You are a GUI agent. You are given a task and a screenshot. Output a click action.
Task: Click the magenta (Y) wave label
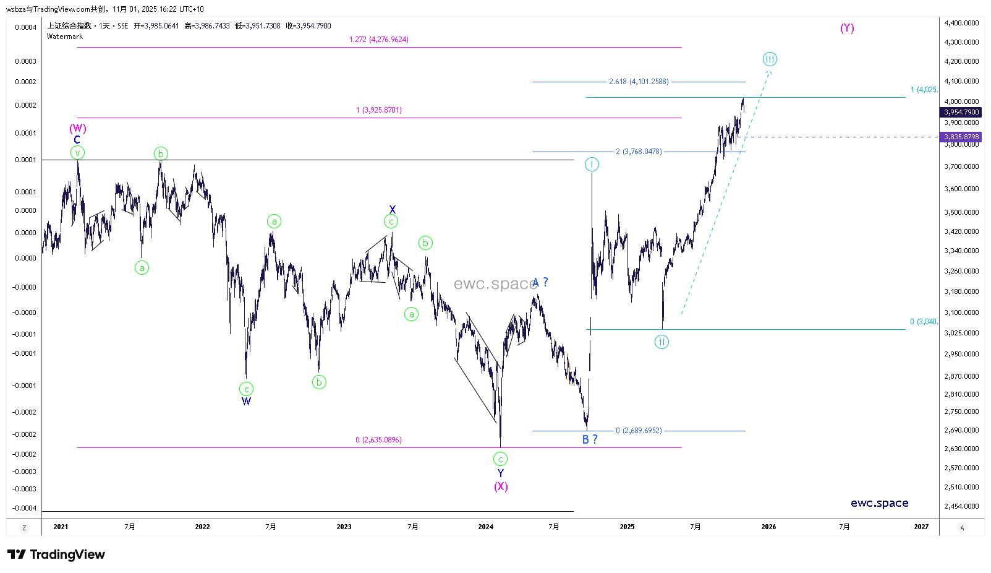click(847, 28)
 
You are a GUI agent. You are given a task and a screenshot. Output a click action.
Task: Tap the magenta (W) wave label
click(78, 128)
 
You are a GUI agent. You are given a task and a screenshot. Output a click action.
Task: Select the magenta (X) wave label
click(501, 486)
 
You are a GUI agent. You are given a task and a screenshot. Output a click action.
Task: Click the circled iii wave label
click(769, 59)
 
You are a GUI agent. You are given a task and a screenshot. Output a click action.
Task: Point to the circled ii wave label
click(661, 342)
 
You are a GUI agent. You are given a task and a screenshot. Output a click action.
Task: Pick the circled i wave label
click(592, 164)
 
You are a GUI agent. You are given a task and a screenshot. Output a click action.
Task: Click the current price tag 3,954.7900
click(961, 112)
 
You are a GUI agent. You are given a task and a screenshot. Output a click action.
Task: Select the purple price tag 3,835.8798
click(961, 137)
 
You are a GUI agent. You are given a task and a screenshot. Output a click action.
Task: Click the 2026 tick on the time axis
click(768, 527)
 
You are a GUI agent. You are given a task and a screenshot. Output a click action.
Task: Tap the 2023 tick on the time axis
click(344, 527)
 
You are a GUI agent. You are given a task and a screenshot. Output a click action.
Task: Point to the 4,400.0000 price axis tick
click(961, 23)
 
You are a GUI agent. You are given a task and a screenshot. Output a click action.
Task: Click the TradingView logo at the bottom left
click(56, 554)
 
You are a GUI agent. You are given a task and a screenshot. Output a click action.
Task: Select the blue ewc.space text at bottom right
click(879, 503)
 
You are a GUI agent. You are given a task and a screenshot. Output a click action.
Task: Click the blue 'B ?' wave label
click(590, 439)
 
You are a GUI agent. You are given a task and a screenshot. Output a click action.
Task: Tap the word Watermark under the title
click(65, 37)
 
